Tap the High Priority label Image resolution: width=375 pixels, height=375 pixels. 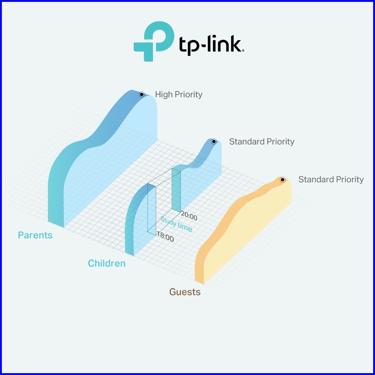tap(179, 94)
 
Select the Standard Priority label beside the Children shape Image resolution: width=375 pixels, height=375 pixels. tap(261, 141)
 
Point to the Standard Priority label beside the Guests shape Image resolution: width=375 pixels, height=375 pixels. tap(331, 180)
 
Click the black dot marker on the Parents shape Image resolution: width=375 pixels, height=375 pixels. tap(141, 94)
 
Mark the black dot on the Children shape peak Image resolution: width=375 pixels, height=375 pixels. tap(213, 141)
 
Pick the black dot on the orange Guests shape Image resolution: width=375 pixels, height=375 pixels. tap(282, 180)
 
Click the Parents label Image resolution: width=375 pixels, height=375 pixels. tap(35, 235)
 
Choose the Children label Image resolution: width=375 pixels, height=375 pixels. tap(107, 264)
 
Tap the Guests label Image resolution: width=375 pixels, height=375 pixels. tap(185, 292)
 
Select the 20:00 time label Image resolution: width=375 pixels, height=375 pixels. tap(189, 216)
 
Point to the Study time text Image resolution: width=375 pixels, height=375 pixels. tap(176, 225)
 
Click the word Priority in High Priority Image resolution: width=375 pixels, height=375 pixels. tap(189, 94)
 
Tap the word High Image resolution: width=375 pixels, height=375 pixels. tap(164, 94)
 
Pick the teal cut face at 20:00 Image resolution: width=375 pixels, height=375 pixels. tap(176, 189)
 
